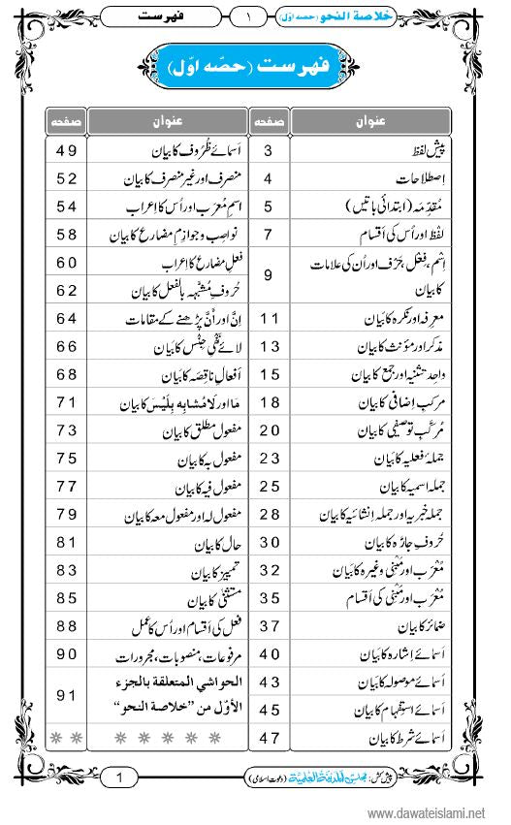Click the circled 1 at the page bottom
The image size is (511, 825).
tap(118, 777)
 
